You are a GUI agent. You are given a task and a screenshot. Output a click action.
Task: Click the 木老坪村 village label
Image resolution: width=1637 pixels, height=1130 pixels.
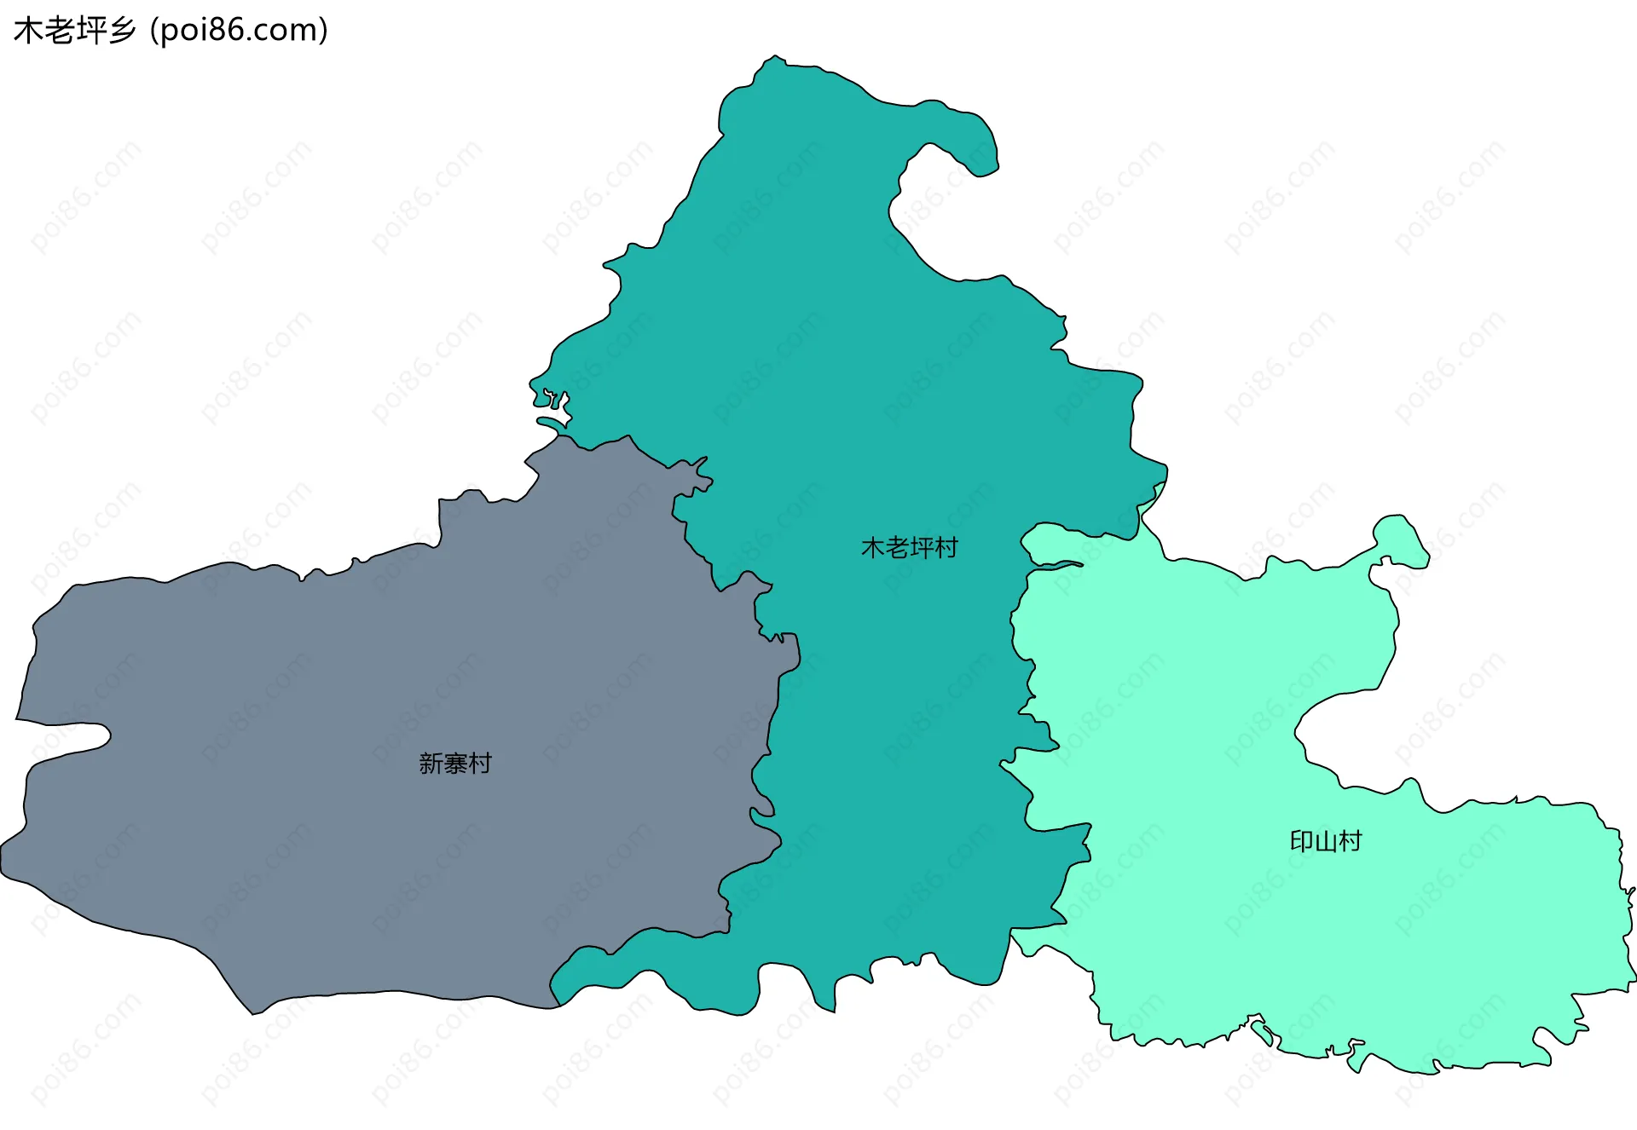[x=909, y=548]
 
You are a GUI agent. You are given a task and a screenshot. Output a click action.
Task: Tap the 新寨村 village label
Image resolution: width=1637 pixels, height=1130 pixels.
[x=455, y=764]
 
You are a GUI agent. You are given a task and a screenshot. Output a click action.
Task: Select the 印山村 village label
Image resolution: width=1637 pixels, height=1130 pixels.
[x=1326, y=842]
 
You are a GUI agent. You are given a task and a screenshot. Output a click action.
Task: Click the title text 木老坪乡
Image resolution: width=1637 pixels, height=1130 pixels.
[x=75, y=31]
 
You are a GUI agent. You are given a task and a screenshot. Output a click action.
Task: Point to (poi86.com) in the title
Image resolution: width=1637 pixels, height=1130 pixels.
[x=239, y=31]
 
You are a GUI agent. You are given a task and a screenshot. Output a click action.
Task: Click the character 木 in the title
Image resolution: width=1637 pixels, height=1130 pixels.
[x=28, y=31]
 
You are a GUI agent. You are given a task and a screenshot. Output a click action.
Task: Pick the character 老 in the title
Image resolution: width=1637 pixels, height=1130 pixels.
[x=59, y=31]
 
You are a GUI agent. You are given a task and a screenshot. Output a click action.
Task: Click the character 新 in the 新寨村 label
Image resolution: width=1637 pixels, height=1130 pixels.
[x=431, y=764]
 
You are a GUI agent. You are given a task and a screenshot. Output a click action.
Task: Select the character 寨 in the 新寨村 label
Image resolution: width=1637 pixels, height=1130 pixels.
[x=455, y=764]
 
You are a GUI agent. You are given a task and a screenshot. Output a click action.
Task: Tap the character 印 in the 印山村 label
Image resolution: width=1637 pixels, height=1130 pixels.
[x=1302, y=842]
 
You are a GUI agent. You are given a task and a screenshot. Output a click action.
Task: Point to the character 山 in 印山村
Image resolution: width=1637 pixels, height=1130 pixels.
[x=1326, y=842]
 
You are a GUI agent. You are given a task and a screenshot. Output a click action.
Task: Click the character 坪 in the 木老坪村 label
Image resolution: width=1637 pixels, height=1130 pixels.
[x=922, y=548]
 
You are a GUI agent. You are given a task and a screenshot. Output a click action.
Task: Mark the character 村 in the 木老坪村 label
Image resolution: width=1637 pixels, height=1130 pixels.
[x=946, y=548]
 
